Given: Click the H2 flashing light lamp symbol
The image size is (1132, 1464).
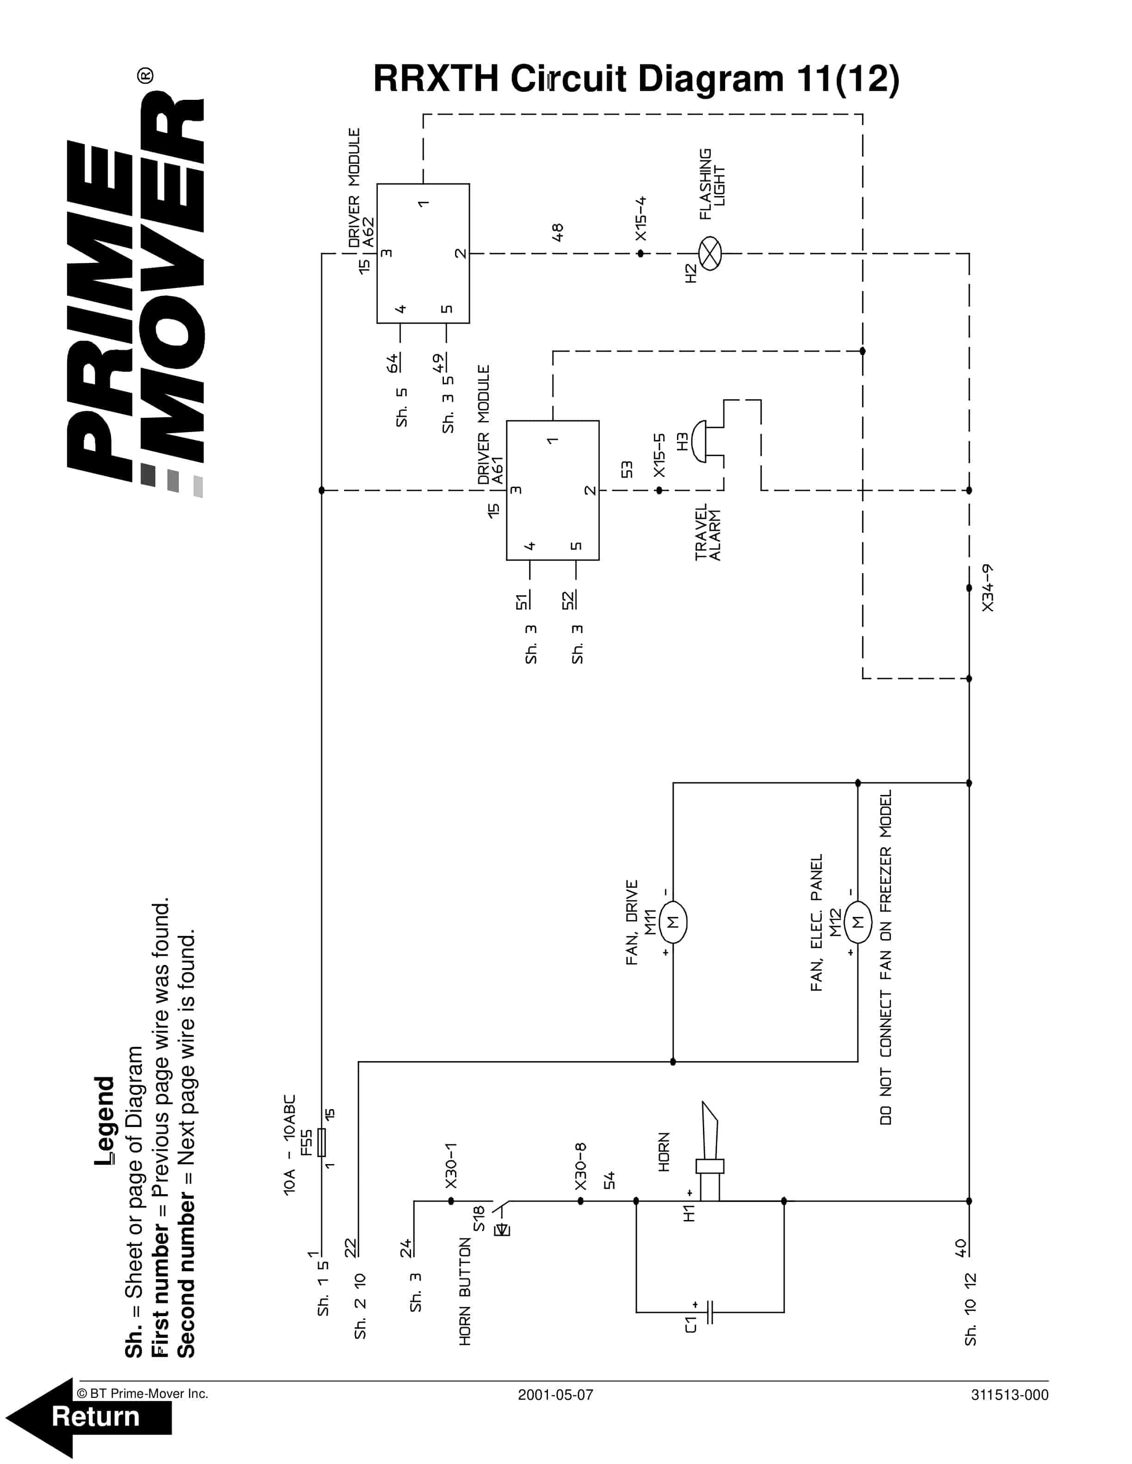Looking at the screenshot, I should click(709, 253).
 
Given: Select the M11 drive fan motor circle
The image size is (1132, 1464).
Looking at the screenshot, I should click(673, 922).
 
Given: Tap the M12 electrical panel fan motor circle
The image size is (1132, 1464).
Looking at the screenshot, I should click(858, 922).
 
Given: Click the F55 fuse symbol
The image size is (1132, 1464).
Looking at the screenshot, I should click(322, 1142).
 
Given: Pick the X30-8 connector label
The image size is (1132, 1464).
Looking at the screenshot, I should click(581, 1166).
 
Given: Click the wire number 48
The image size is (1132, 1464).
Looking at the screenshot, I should click(557, 232).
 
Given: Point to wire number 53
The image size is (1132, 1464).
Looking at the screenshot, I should click(627, 469).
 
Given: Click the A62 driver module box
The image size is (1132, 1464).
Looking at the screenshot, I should click(423, 253).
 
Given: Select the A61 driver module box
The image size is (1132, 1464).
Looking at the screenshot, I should click(553, 490).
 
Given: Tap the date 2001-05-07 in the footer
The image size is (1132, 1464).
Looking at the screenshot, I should click(555, 1395).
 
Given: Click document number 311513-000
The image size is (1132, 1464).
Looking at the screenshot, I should click(1009, 1395).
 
